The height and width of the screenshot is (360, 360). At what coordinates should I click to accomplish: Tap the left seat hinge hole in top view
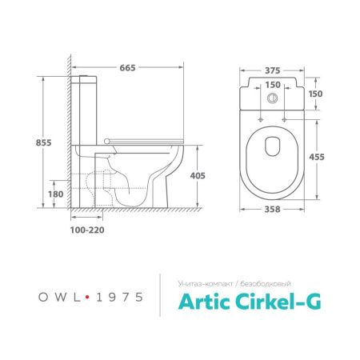coord(262,121)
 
